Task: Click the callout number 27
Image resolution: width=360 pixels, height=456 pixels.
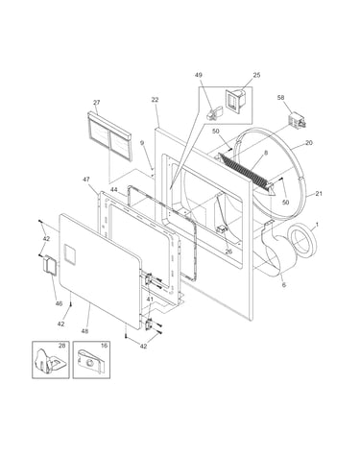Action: [x=96, y=103]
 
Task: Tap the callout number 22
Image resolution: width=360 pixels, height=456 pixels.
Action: [x=155, y=100]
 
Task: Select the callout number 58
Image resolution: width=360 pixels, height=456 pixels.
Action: [x=280, y=97]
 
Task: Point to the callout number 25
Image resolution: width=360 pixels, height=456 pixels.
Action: [x=256, y=75]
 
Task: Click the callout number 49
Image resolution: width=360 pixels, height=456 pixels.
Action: [x=199, y=75]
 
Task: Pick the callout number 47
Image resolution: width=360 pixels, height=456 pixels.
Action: [x=86, y=180]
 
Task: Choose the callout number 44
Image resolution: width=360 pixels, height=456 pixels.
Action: [x=114, y=190]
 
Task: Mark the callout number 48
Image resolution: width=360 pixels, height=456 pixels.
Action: [x=84, y=331]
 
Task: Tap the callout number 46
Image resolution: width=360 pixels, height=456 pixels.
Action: [x=59, y=303]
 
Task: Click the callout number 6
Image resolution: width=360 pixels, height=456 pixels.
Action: [x=284, y=284]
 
